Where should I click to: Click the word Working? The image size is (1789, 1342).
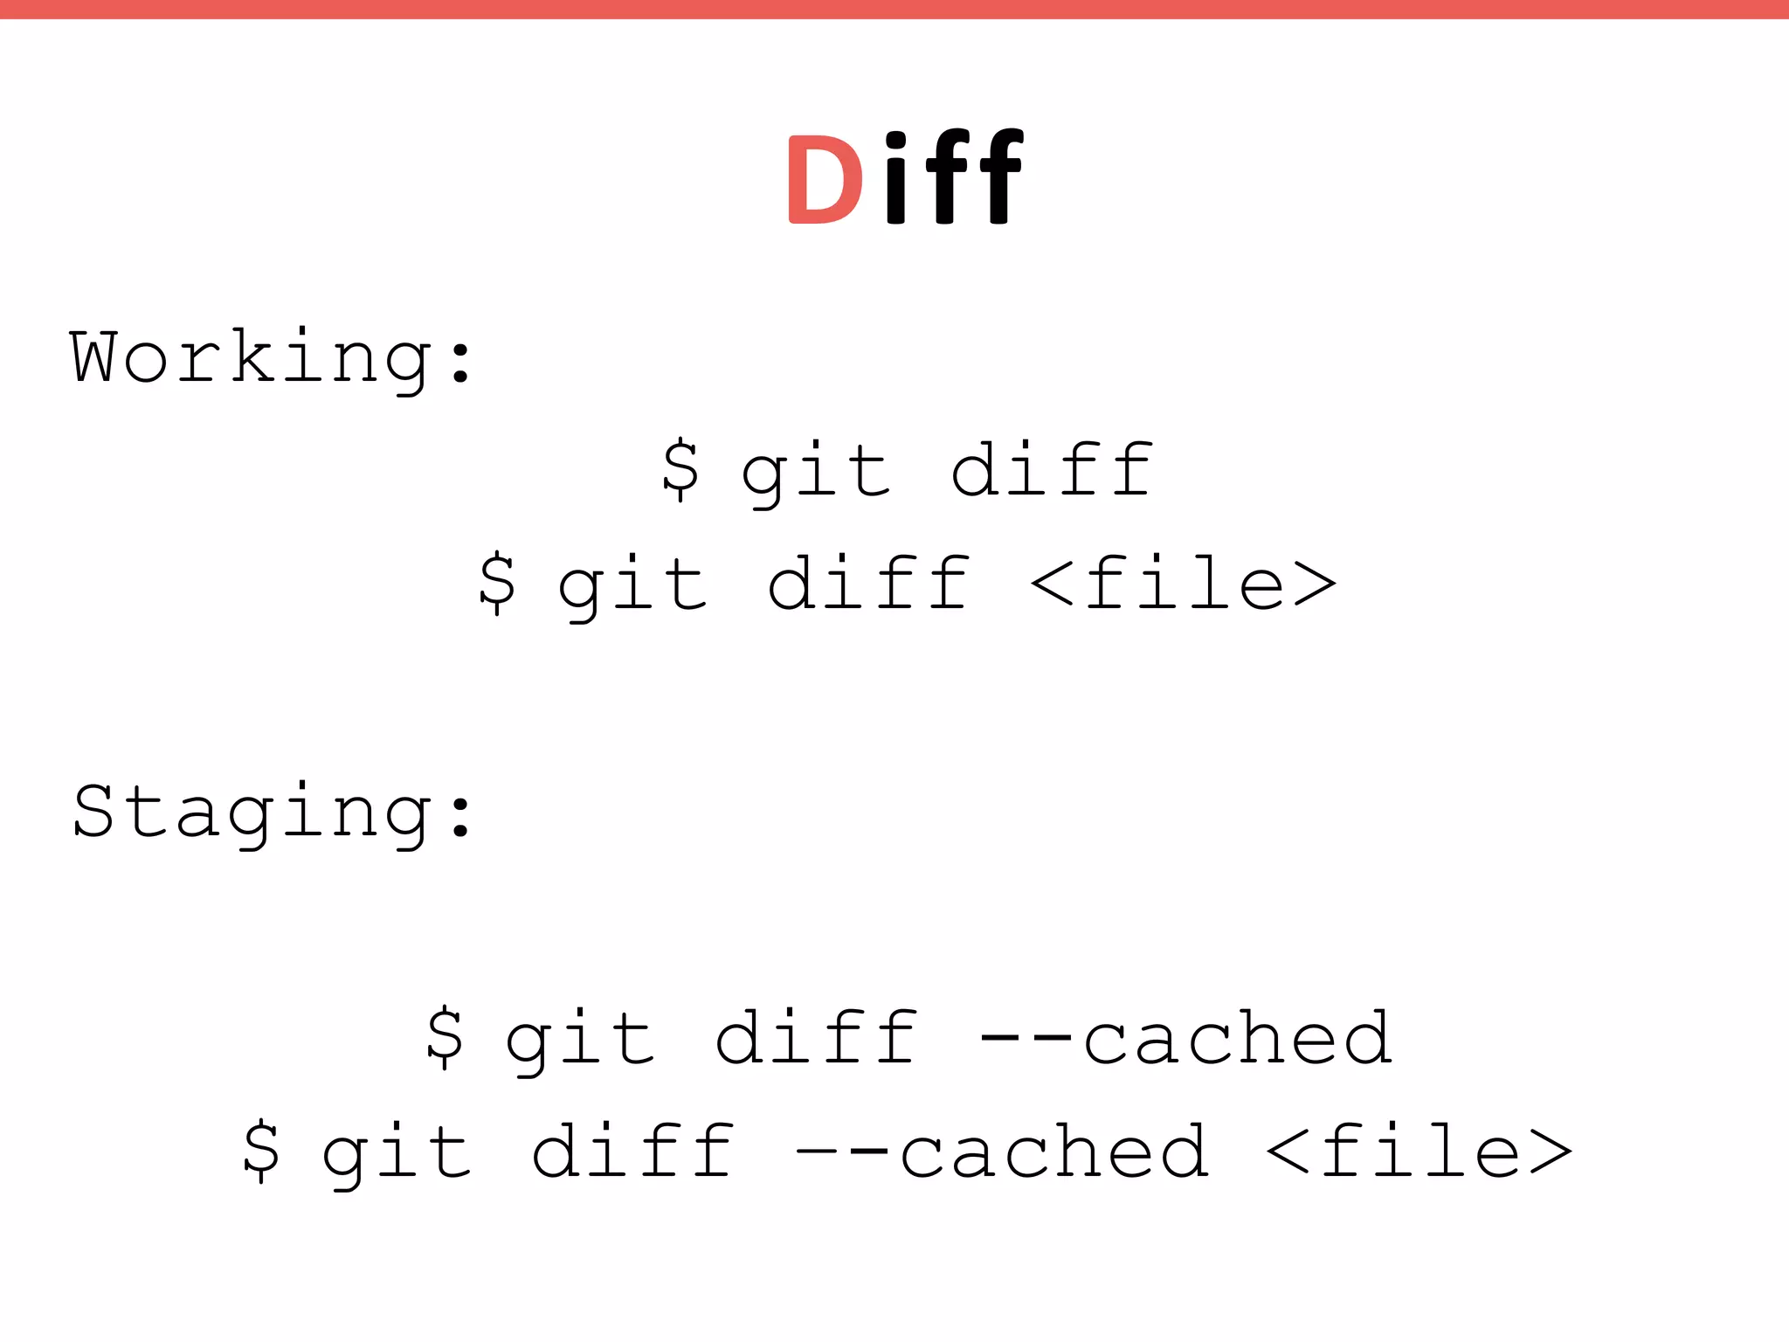tap(250, 357)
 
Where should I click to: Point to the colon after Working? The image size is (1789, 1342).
tap(460, 360)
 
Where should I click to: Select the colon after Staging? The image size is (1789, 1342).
tap(460, 814)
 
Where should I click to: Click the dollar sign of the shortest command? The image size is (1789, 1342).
tap(680, 470)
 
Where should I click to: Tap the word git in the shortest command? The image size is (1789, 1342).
tap(815, 473)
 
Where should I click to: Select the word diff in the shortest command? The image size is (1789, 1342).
tap(1052, 470)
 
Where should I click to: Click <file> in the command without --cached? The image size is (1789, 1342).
tap(1184, 584)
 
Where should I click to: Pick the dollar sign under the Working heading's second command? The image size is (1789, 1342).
tap(497, 584)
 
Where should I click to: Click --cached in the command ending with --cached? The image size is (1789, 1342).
tap(1185, 1038)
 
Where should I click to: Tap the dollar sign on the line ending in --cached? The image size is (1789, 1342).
tap(445, 1038)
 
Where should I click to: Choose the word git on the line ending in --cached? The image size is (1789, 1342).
tap(579, 1041)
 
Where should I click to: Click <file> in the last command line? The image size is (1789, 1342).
tap(1419, 1152)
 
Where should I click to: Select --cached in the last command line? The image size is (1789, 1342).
tap(1002, 1152)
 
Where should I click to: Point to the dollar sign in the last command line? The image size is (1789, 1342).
tap(261, 1152)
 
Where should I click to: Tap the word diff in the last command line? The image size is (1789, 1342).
tap(632, 1152)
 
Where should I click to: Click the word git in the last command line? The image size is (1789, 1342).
tap(396, 1154)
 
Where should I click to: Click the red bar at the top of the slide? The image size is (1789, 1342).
tap(894, 9)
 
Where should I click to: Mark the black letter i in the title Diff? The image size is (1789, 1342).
tap(895, 178)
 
